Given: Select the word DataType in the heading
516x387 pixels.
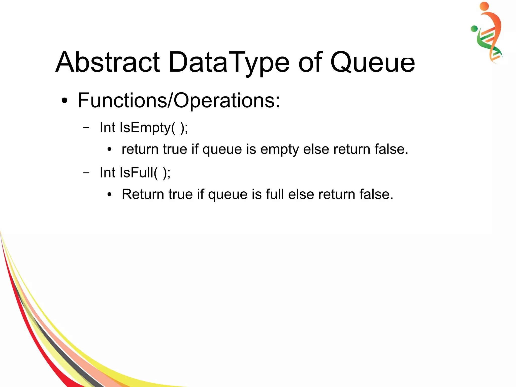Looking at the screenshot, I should (x=229, y=62).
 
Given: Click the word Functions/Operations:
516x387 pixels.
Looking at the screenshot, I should (x=179, y=100).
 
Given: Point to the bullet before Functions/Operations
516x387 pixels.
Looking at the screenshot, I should (x=65, y=101).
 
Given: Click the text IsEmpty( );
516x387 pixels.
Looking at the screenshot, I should (x=154, y=128).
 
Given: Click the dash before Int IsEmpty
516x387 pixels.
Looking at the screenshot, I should (x=86, y=128).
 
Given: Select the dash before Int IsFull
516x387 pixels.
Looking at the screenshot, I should (x=86, y=173).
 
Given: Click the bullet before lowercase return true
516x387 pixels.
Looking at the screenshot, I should (x=109, y=150).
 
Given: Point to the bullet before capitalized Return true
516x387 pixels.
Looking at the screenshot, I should (x=109, y=195).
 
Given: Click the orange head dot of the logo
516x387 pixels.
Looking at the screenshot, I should (x=484, y=6).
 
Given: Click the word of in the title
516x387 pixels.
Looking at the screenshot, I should (x=310, y=62).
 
